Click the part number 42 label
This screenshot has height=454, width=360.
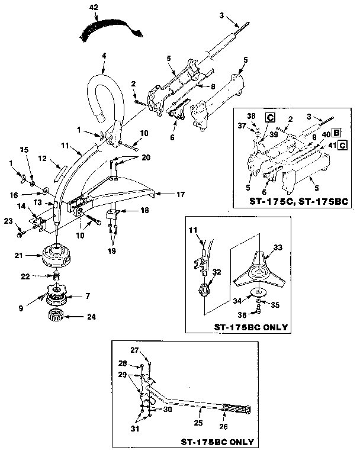pyautogui.click(x=93, y=7)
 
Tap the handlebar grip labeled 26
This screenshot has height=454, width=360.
pyautogui.click(x=239, y=409)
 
